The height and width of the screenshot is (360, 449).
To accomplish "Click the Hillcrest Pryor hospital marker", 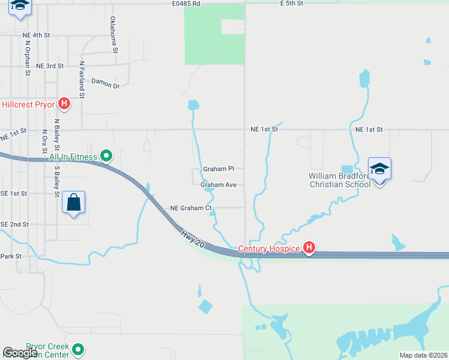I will pos(64,104).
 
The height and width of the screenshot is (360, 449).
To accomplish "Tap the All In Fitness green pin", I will pos(106,157).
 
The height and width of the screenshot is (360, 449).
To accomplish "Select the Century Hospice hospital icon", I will pos(309,248).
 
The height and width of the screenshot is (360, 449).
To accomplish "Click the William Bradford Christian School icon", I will pos(379,169).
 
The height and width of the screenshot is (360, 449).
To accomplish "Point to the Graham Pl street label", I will pos(218,169).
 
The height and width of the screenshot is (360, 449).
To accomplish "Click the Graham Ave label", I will pos(218,185).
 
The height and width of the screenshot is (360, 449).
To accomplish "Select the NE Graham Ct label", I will pos(191,208).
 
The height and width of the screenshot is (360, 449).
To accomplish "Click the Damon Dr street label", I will pos(106,85).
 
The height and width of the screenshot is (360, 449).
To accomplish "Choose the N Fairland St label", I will pos(82,79).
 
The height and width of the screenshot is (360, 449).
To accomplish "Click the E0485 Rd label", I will pos(185,4).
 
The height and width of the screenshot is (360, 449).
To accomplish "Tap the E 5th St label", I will pos(292,4).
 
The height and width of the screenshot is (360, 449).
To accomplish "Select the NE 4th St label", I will pos(36,35).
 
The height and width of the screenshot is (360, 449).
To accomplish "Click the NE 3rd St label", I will pos(50,66).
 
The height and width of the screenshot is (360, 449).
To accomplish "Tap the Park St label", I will pos(11,256).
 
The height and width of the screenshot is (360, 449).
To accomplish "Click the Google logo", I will pos(20,353).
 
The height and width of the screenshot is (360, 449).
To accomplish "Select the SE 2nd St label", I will pos(15,224).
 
